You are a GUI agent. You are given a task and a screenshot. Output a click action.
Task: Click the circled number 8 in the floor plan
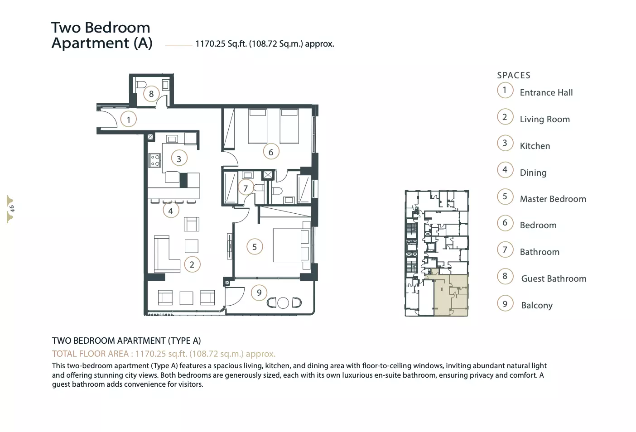click(151, 94)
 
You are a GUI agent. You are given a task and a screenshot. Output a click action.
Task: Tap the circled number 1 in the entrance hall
click(128, 120)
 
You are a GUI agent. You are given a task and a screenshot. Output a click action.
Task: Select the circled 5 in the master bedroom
click(255, 247)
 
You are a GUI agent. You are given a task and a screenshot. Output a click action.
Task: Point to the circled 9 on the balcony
click(259, 293)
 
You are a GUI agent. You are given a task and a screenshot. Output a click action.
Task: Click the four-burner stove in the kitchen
click(155, 160)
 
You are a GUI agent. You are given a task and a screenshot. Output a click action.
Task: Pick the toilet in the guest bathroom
click(141, 84)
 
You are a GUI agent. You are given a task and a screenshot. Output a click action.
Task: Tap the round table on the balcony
click(283, 303)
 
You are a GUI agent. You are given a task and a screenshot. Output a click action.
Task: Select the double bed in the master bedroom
click(292, 245)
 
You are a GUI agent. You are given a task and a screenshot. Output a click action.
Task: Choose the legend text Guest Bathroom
click(554, 279)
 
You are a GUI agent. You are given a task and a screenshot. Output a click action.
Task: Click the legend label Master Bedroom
click(553, 199)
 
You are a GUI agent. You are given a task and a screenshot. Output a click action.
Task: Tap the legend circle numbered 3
click(505, 143)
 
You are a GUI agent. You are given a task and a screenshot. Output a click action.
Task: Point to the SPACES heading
click(514, 75)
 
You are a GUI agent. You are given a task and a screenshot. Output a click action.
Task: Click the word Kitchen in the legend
click(535, 146)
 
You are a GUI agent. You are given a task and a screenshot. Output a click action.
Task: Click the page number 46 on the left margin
click(12, 209)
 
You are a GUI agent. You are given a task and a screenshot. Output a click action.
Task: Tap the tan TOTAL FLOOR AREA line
click(164, 354)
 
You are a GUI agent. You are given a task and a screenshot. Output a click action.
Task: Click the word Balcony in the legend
click(537, 305)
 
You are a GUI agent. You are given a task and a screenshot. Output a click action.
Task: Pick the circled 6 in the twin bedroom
click(271, 152)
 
